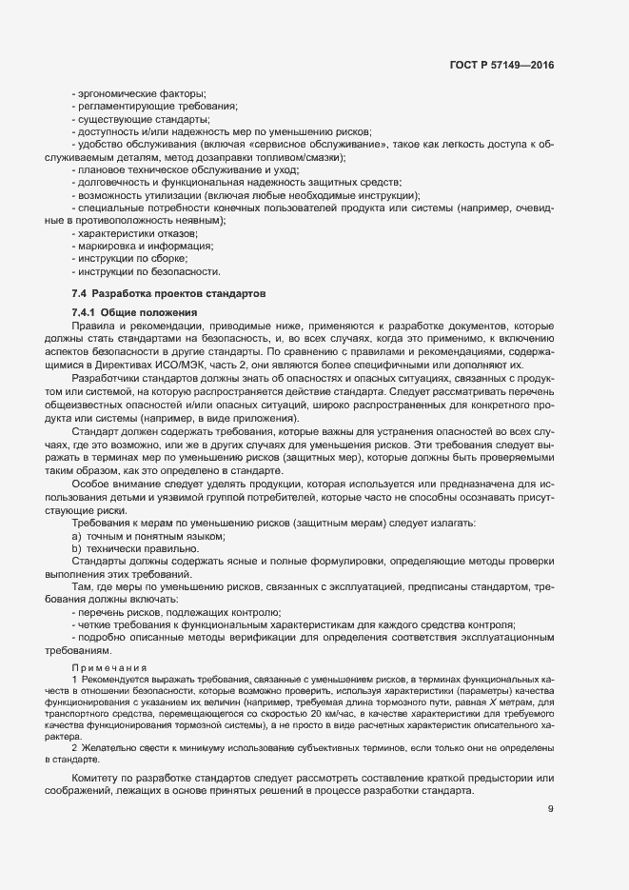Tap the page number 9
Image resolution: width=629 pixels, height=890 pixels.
(x=550, y=783)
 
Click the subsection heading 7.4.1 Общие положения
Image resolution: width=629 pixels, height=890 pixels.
(x=134, y=313)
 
